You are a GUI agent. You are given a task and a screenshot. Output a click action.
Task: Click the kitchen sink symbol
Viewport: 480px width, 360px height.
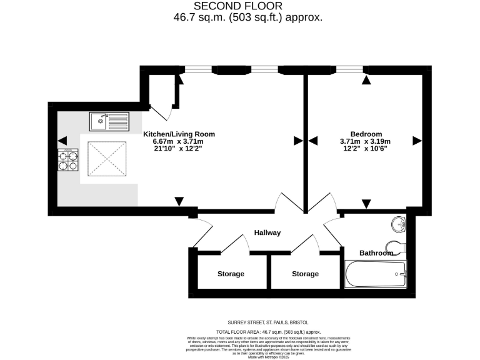click(109, 120)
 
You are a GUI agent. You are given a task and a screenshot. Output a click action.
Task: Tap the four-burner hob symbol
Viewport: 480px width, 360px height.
click(69, 160)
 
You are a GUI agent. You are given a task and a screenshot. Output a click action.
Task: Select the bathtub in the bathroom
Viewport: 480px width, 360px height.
click(376, 273)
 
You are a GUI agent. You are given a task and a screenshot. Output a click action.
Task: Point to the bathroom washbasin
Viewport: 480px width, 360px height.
click(397, 224)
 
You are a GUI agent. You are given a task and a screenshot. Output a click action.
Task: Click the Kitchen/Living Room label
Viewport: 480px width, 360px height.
click(179, 134)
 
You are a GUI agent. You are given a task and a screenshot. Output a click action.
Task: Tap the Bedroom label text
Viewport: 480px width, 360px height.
click(366, 134)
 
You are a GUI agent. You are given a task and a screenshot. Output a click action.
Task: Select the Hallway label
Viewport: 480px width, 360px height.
click(267, 232)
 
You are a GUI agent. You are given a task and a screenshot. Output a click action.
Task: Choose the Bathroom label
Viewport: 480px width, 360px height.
click(376, 253)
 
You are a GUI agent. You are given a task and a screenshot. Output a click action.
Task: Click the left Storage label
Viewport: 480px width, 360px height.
click(231, 274)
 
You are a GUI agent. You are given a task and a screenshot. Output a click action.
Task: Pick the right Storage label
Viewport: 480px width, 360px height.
click(305, 274)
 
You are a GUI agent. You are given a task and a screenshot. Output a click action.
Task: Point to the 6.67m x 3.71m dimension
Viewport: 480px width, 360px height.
click(179, 142)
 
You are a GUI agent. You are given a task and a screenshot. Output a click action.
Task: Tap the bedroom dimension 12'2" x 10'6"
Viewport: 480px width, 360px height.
click(366, 149)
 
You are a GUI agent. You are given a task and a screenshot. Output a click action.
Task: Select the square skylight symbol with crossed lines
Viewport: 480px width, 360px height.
click(106, 159)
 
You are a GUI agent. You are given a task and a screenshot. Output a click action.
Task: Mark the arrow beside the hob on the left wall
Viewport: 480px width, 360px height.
click(61, 141)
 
